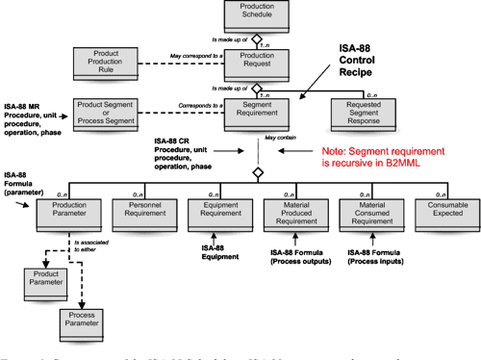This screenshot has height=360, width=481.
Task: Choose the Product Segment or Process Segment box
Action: [106, 115]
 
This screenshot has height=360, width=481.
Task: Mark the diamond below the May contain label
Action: [257, 172]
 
